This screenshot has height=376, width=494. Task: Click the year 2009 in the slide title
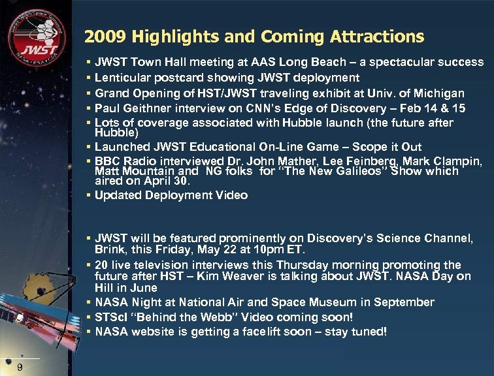[x=104, y=37]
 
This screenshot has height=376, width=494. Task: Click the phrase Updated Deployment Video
[x=171, y=195]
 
